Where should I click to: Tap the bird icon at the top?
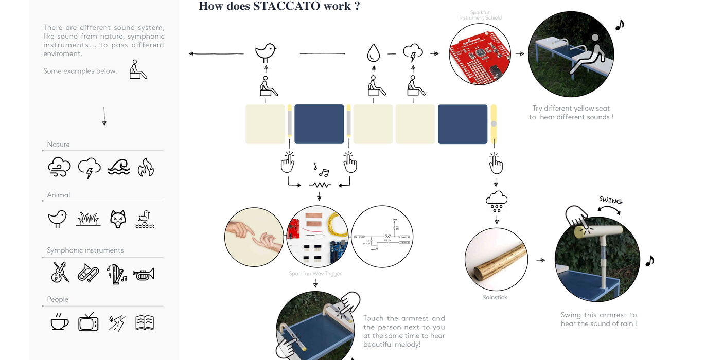pos(266,52)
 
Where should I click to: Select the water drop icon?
pos(373,53)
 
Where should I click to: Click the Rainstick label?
pos(495,297)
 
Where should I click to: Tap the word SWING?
pos(611,200)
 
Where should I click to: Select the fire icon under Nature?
pos(146,167)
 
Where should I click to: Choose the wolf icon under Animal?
pos(118,219)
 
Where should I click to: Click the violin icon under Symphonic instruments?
pos(60,273)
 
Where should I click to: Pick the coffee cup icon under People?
pos(59,322)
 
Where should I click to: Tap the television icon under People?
pos(88,322)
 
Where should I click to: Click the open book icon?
pos(145,322)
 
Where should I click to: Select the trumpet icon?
pos(144,275)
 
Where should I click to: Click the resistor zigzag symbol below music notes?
pos(320,184)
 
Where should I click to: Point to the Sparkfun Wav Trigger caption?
pos(315,274)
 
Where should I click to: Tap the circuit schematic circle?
pos(382,237)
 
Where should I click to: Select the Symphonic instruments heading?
pos(85,250)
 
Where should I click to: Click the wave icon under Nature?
pos(119,168)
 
